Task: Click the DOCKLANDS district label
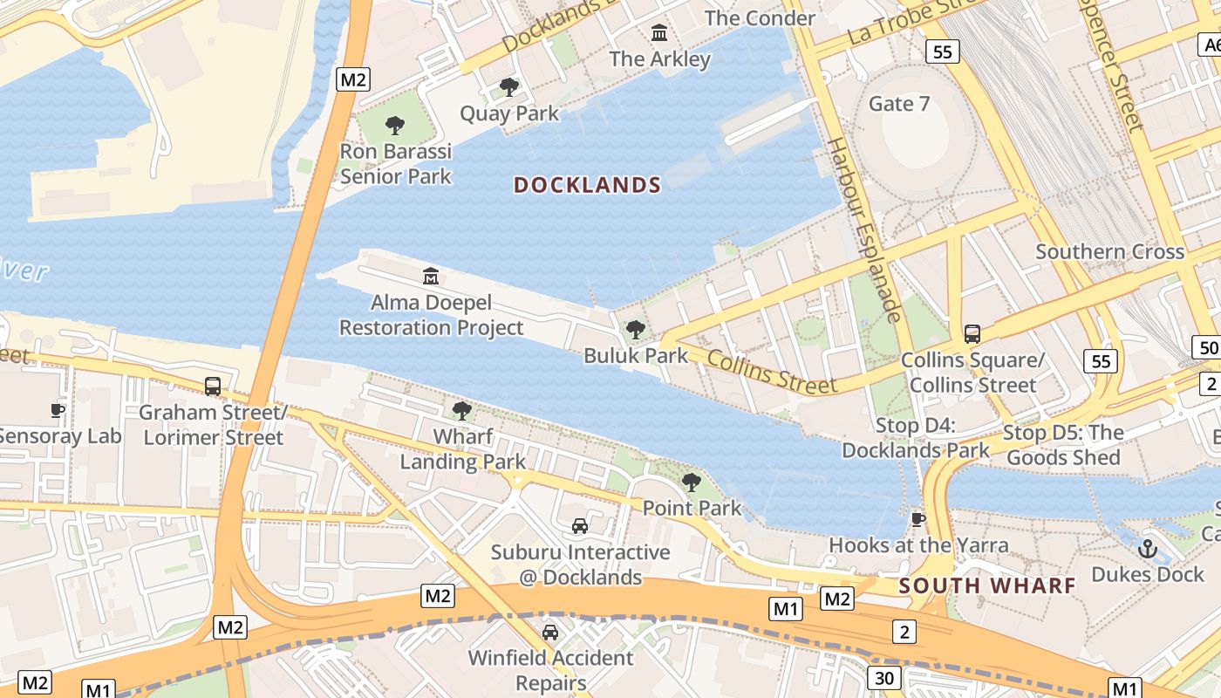[587, 185]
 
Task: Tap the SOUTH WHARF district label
[987, 585]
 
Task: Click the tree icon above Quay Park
[509, 87]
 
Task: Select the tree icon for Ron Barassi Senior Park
[395, 126]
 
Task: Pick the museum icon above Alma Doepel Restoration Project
[431, 277]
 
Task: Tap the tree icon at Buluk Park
[636, 330]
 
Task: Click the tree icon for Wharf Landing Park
[462, 410]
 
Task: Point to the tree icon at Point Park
[692, 482]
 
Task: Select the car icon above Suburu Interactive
[580, 525]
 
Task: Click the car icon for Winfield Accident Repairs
[550, 632]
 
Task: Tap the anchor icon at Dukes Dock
[1148, 549]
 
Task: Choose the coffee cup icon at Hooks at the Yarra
[918, 519]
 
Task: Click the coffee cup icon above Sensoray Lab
[58, 410]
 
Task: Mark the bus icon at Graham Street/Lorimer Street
[212, 386]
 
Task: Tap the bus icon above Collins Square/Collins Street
[972, 333]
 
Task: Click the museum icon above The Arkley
[659, 33]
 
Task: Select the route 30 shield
[883, 677]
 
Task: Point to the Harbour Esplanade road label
[863, 229]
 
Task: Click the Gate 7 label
[899, 104]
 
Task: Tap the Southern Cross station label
[1109, 252]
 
